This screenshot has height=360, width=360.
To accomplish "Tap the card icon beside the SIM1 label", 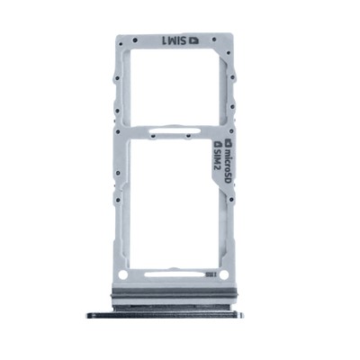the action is pyautogui.click(x=194, y=40).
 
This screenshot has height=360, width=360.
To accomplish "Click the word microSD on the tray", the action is pyautogui.click(x=229, y=163).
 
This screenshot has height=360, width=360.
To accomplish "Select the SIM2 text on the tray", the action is pyautogui.click(x=217, y=159).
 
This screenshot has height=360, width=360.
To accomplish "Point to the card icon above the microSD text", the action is pyautogui.click(x=229, y=141).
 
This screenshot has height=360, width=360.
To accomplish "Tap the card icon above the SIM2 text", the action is pyautogui.click(x=216, y=144).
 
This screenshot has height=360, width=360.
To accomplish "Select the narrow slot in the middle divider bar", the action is pyautogui.click(x=174, y=130).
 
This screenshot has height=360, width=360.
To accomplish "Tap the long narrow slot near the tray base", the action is pyautogui.click(x=175, y=274).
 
